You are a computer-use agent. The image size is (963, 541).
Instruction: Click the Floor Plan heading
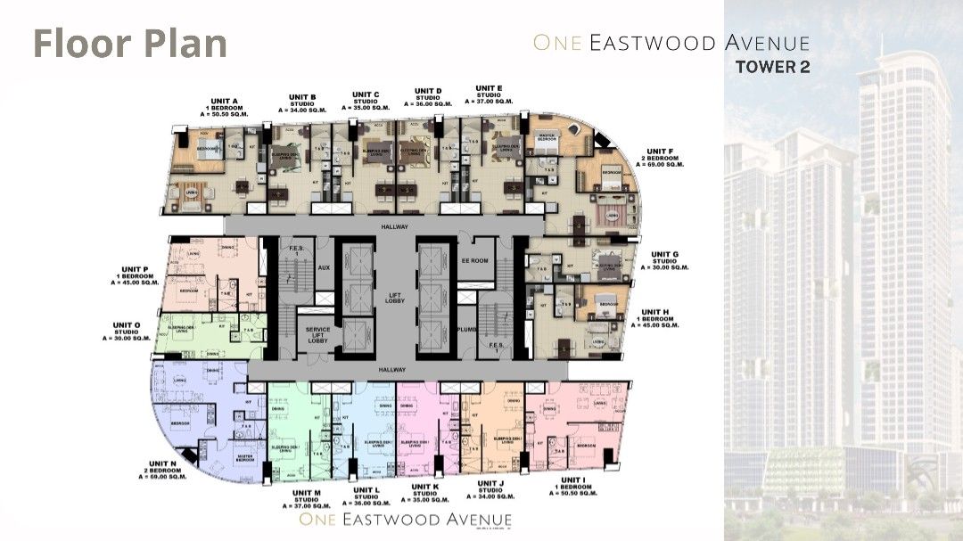click(x=130, y=44)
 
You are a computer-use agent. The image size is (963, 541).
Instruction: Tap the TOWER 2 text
click(x=772, y=65)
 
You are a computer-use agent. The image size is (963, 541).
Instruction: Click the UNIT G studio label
click(x=664, y=260)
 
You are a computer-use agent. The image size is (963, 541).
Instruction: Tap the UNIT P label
click(x=140, y=275)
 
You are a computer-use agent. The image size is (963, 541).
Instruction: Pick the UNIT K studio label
click(x=424, y=493)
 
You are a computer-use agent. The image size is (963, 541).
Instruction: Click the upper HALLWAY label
click(x=391, y=228)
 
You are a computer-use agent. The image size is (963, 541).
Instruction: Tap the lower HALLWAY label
click(x=391, y=369)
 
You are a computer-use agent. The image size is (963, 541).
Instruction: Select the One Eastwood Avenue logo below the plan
click(x=406, y=520)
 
